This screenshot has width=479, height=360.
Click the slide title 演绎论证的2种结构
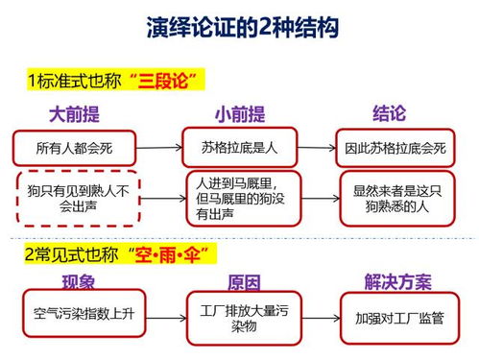click(x=242, y=29)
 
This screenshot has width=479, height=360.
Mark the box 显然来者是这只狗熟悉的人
click(x=395, y=197)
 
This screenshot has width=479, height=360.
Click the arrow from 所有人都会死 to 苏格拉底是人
click(x=157, y=148)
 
